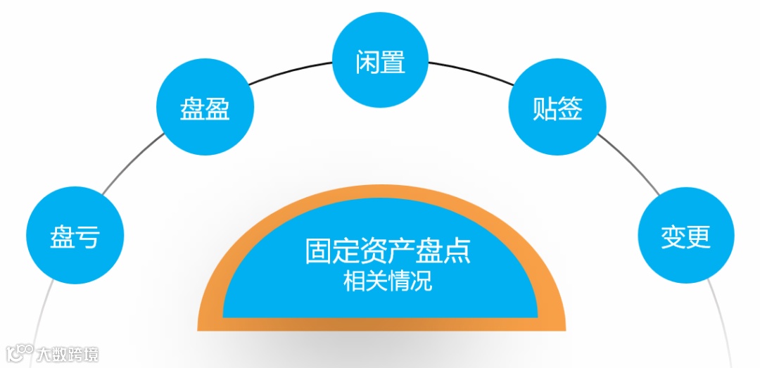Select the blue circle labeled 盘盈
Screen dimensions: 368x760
pos(204,109)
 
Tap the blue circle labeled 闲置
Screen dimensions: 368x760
pos(380,61)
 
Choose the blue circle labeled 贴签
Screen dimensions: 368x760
pos(557,109)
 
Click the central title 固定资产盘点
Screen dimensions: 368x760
pos(387,251)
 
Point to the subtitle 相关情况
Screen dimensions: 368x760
pos(387,282)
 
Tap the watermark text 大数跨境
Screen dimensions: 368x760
pos(68,353)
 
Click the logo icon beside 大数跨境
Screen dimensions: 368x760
pos(20,353)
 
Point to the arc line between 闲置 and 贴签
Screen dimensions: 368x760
pos(468,72)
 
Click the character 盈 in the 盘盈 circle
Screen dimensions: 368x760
pos(217,110)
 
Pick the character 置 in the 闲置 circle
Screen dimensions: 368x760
pos(393,61)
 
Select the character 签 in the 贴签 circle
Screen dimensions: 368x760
pos(569,110)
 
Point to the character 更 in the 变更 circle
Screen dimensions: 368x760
pos(698,237)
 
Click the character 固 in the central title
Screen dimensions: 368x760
pos(317,251)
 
